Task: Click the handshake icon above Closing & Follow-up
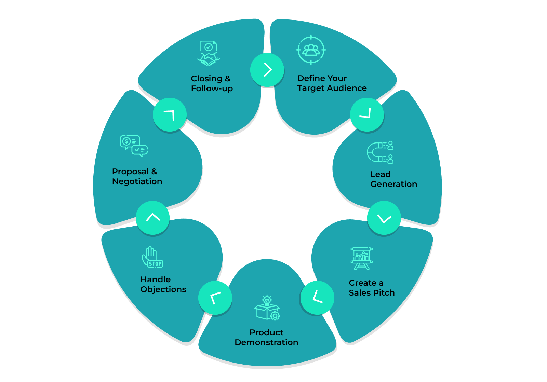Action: click(x=209, y=53)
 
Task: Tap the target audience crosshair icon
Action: click(x=311, y=50)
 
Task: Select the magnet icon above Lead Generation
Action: click(x=380, y=152)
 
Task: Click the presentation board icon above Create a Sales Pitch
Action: click(x=362, y=258)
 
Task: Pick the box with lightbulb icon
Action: click(x=267, y=308)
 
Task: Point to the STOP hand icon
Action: click(x=152, y=257)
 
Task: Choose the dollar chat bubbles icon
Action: click(x=134, y=146)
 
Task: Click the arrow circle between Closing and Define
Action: click(x=267, y=70)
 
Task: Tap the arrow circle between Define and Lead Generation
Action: click(x=367, y=115)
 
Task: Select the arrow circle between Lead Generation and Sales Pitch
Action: click(x=384, y=218)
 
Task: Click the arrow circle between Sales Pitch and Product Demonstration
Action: click(x=317, y=297)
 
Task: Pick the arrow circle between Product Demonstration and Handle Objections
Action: click(x=215, y=298)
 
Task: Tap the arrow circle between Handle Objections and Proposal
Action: click(x=153, y=218)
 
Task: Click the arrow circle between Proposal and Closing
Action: click(x=170, y=115)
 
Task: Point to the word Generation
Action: click(x=393, y=184)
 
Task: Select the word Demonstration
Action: click(x=266, y=342)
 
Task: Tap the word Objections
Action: click(x=163, y=289)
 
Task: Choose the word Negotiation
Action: click(x=137, y=181)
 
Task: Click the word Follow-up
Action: click(x=212, y=88)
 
